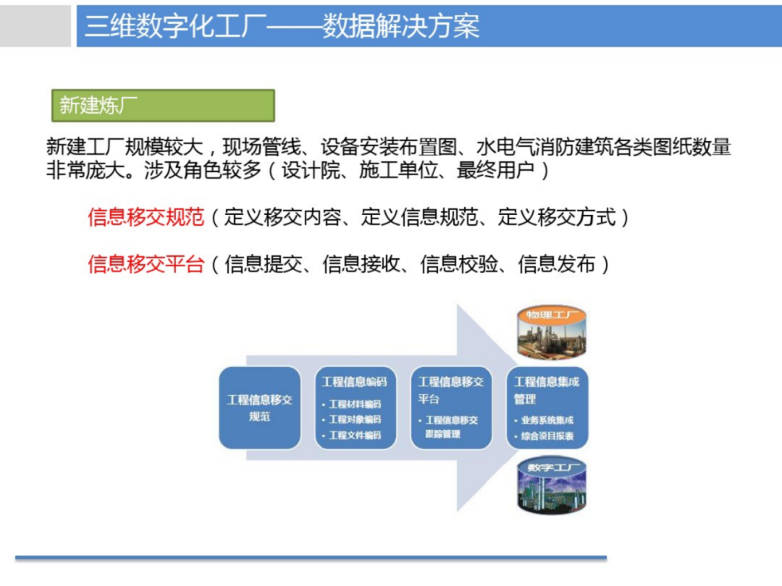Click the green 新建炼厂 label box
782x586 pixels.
(163, 106)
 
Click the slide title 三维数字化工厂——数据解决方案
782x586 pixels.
(282, 27)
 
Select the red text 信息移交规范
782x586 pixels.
(146, 217)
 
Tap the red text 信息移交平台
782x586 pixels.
(146, 264)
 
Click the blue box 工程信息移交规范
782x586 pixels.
(259, 408)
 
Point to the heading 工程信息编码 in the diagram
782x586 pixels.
(354, 382)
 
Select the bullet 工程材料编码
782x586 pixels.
(354, 404)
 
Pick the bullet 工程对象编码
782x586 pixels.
(354, 420)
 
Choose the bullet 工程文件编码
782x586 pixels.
(354, 436)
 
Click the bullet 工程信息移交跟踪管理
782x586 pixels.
(450, 427)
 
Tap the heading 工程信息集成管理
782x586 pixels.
(546, 390)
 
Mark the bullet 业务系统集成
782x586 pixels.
(547, 420)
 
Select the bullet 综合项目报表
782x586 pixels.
(547, 436)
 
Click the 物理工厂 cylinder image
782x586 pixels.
(551, 332)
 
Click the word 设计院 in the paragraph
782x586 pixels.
(311, 171)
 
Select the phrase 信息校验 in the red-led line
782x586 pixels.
(460, 264)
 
